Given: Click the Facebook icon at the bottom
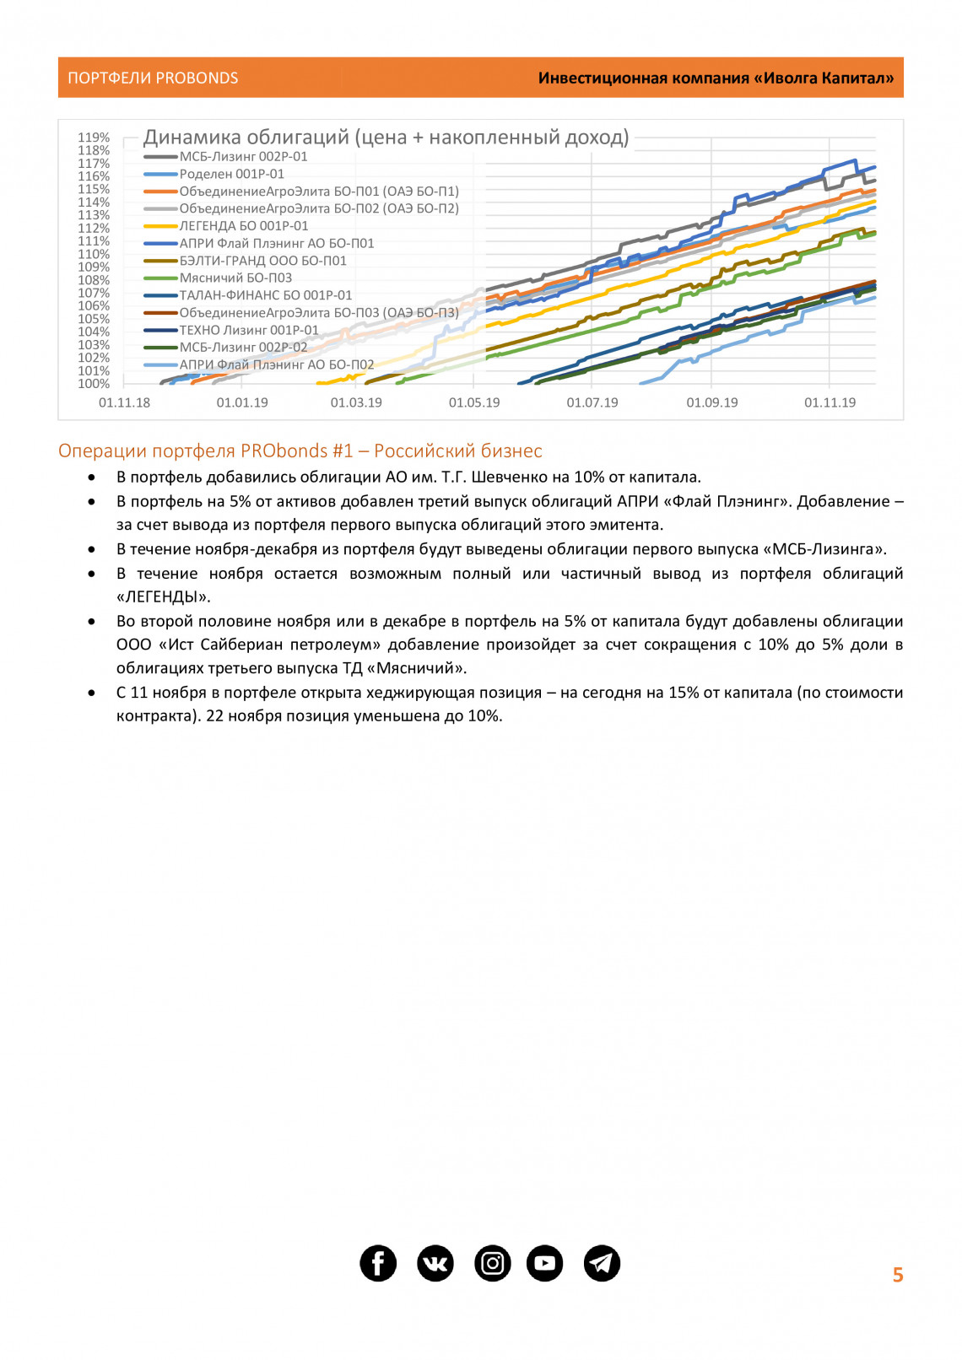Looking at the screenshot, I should coord(378,1263).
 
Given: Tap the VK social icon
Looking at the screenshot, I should coord(435,1263).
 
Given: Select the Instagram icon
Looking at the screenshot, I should coord(493,1263).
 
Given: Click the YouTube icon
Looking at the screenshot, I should coord(545,1263).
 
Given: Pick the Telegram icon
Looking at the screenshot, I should coord(602,1263).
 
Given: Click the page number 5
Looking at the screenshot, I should coord(898,1275).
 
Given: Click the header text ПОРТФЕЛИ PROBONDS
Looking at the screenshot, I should coord(153,78).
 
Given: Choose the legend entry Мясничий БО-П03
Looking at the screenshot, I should coord(235,278).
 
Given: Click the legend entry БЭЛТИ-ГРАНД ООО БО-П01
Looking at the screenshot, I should coord(262,261).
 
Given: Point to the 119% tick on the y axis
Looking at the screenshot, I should coord(94,138).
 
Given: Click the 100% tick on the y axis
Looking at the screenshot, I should coord(94,384).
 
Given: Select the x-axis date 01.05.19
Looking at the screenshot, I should coord(474,403).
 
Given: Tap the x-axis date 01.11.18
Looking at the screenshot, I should coord(124,403).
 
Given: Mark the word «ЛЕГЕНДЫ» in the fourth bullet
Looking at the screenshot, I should coord(164,596).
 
